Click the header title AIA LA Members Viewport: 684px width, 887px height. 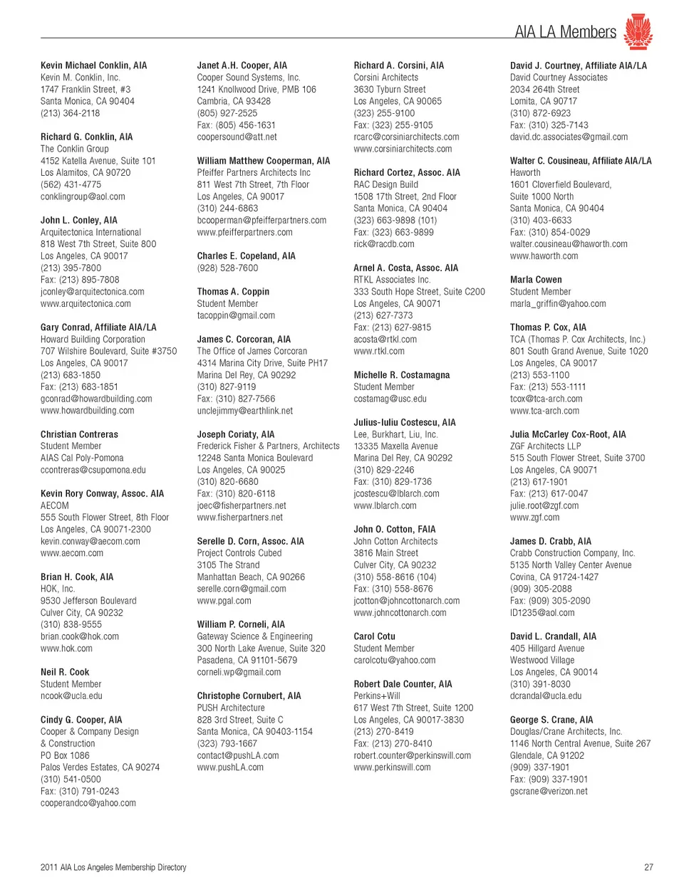[565, 32]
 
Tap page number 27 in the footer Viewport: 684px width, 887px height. [648, 867]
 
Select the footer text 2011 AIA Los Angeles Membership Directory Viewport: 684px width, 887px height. [113, 867]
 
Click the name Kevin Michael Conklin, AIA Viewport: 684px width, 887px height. [93, 65]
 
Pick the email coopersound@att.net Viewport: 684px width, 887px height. [237, 137]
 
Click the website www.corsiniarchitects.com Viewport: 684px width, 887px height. [403, 149]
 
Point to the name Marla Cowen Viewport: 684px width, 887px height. [536, 280]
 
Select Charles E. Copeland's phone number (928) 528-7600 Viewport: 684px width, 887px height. [227, 268]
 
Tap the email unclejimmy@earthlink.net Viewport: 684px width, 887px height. [244, 411]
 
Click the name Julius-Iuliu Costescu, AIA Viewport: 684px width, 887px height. [405, 422]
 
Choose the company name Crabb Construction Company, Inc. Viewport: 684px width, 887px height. [572, 553]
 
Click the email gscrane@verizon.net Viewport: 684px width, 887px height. [549, 791]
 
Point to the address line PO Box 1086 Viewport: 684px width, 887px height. [65, 755]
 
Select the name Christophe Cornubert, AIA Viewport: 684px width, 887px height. [249, 696]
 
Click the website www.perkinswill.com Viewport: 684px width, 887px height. [392, 767]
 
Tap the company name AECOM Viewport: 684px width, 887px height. [55, 505]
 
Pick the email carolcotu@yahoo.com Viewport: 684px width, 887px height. [394, 660]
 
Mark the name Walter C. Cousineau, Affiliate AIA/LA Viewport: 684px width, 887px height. [581, 161]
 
